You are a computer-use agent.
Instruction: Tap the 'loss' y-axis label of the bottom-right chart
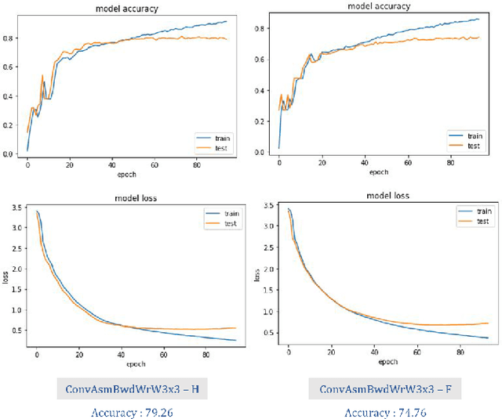[257, 276]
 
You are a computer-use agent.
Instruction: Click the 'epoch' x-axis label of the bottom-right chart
[387, 361]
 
